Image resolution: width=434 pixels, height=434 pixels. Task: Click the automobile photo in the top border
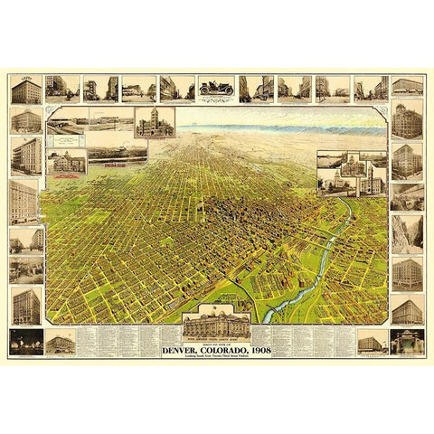216,87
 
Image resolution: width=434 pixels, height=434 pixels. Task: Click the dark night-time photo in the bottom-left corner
25,341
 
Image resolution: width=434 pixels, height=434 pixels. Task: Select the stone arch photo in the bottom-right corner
407,341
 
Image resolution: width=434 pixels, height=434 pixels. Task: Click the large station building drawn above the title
217,324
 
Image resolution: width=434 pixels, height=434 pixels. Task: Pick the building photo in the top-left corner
25,90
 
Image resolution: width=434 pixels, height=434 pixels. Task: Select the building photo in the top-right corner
407,87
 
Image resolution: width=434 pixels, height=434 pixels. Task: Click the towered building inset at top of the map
155,123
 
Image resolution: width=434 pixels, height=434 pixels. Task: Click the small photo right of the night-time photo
60,342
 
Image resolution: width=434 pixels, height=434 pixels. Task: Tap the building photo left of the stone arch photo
371,342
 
